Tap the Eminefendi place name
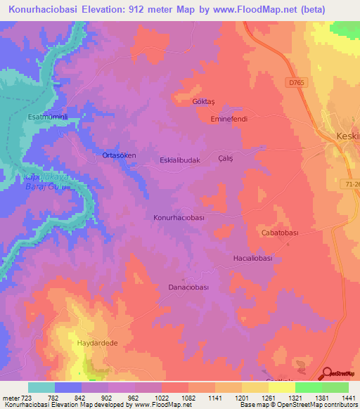point(229,119)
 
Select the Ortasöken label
point(119,155)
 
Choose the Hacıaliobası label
point(252,258)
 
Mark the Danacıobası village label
point(190,287)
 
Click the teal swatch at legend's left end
point(41,387)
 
